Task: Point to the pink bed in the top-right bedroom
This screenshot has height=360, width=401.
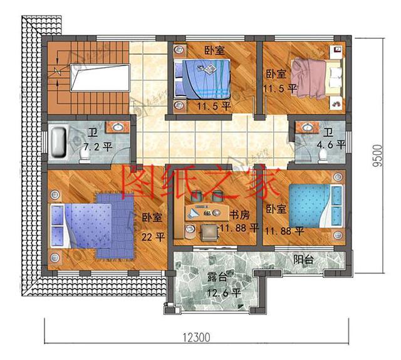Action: (317, 78)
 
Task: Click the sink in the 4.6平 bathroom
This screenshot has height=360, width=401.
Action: (307, 127)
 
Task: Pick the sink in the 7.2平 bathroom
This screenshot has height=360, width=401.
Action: (117, 128)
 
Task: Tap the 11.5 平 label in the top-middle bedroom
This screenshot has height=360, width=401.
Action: (212, 106)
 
